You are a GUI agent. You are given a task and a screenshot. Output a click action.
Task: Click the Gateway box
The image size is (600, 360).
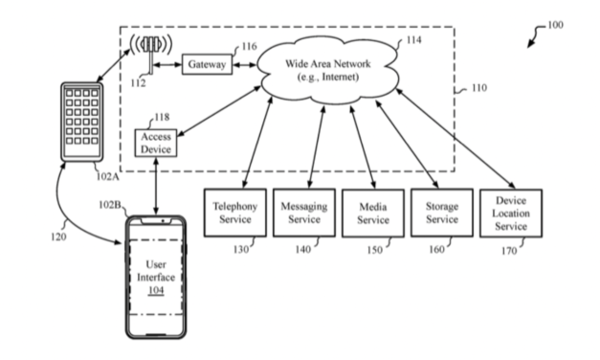coord(207,65)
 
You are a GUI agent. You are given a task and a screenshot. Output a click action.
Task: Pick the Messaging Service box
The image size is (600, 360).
coord(303,213)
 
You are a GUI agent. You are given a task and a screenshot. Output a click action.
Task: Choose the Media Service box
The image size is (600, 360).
coord(373,213)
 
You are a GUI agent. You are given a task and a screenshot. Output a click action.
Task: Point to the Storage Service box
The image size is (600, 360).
coord(441,213)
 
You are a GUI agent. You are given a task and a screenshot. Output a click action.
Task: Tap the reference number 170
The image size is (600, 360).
coord(508,251)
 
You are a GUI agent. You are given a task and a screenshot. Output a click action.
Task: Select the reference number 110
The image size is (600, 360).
coord(478,88)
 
